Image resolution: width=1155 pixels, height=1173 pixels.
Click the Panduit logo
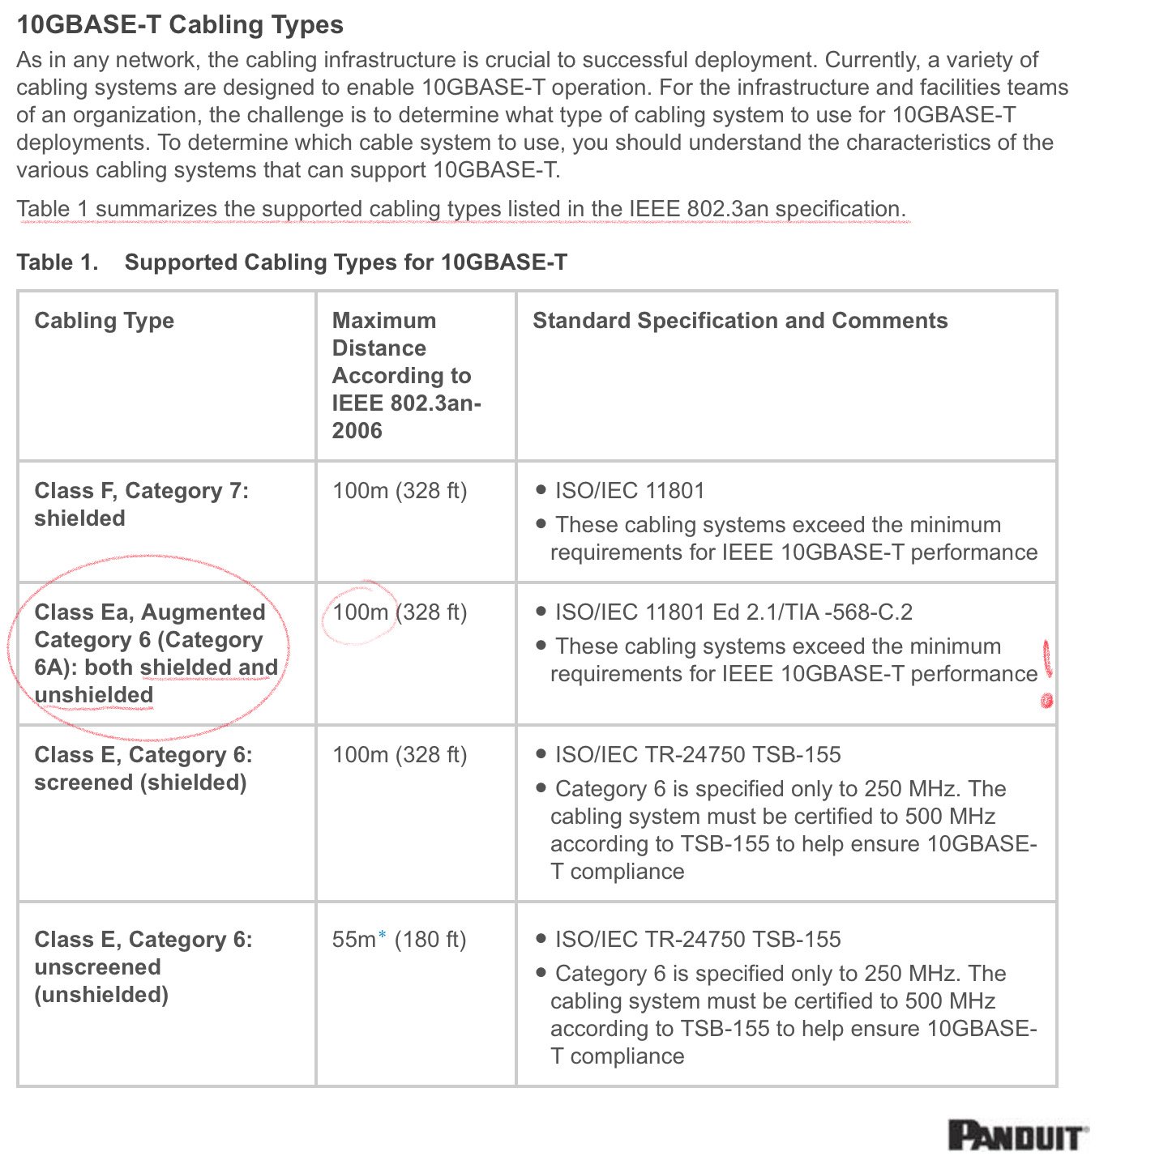click(x=1018, y=1136)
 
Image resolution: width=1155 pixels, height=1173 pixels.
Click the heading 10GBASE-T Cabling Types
click(x=180, y=24)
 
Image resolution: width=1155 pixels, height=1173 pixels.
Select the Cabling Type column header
click(x=104, y=321)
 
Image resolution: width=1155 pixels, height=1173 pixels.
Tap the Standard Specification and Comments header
click(x=739, y=321)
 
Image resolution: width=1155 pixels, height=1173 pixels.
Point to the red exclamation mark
click(x=1046, y=673)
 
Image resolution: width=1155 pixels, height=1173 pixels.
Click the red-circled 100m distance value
click(x=360, y=612)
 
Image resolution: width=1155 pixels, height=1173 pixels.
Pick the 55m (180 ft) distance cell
click(x=399, y=940)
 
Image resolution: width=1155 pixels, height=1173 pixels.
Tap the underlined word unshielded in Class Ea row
click(x=94, y=695)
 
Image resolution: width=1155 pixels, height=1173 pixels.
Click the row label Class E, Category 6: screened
click(x=143, y=768)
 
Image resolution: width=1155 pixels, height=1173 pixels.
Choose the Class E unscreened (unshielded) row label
click(x=143, y=966)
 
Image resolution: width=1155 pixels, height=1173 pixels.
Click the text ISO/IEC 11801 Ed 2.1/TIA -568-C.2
click(x=733, y=612)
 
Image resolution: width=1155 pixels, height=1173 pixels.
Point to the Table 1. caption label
click(x=57, y=262)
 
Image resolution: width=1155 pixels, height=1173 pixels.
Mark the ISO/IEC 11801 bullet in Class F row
click(x=629, y=491)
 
